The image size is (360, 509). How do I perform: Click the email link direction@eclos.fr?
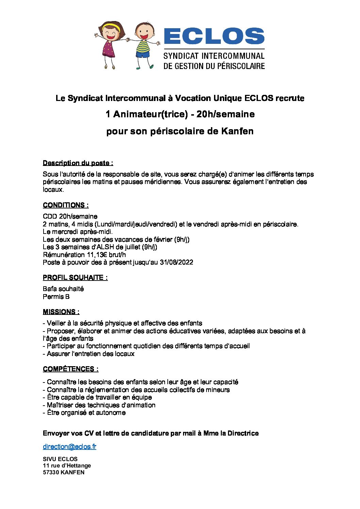(x=69, y=446)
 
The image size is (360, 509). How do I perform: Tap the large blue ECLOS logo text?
(x=214, y=36)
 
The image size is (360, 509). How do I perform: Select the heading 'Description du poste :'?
(x=78, y=163)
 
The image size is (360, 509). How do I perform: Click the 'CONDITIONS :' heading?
(x=66, y=205)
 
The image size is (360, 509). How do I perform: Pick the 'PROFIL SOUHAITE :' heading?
(x=75, y=277)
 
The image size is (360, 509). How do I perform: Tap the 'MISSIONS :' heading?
(x=61, y=312)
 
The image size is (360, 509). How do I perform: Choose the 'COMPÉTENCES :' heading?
(x=71, y=369)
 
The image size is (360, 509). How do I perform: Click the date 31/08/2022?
(x=176, y=262)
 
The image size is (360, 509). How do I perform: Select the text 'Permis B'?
(x=56, y=296)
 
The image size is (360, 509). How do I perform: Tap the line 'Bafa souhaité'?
(x=63, y=289)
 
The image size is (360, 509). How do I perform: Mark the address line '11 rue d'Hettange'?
(x=67, y=465)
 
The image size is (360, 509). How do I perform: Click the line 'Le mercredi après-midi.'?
(x=78, y=232)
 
